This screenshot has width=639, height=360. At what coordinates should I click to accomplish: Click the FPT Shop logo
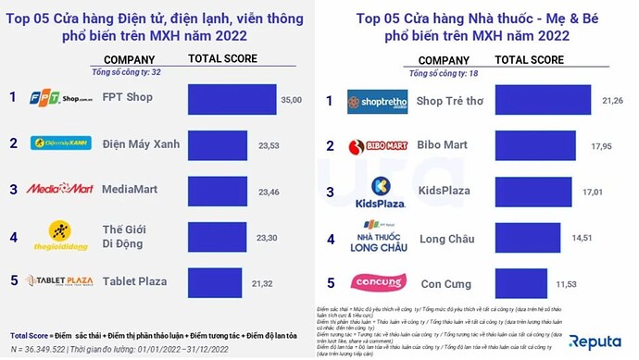59,97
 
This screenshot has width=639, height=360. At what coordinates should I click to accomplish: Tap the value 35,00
292,100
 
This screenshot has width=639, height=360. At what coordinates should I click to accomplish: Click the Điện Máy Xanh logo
59,143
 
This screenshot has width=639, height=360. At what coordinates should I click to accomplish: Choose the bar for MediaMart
218,189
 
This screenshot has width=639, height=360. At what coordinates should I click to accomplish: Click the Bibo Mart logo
376,145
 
